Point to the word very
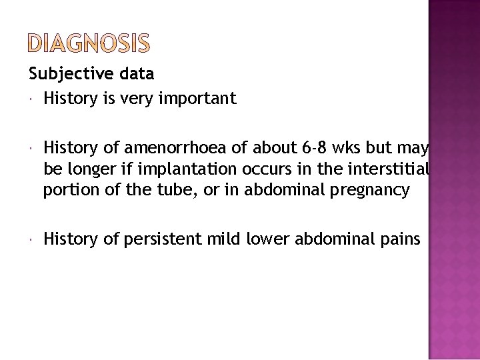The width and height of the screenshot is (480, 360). tap(141, 99)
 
